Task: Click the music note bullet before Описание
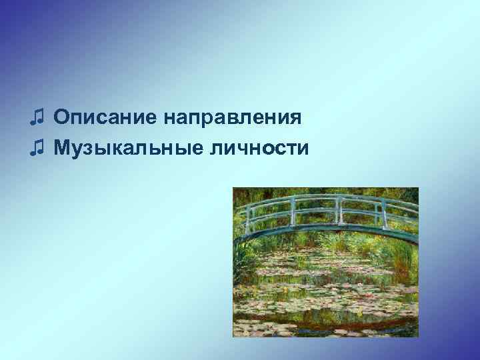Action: [x=37, y=118]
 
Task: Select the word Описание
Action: [x=107, y=118]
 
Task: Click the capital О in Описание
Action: [x=61, y=118]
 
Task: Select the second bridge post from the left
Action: [x=292, y=207]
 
